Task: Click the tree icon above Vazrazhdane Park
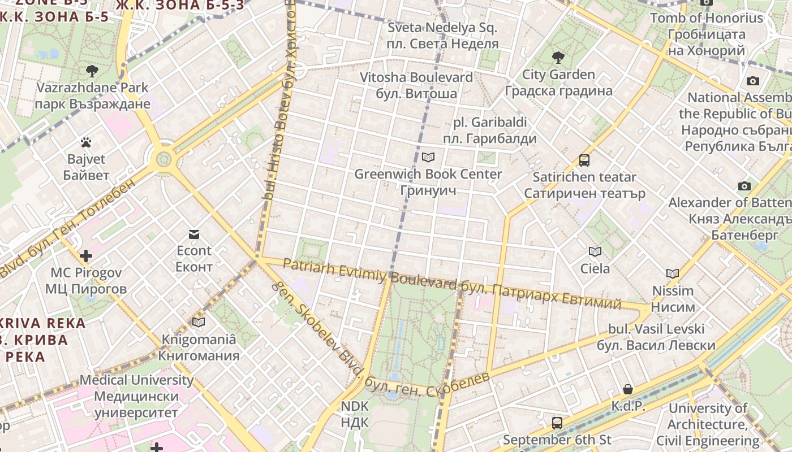pos(92,71)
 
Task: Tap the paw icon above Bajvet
pos(86,142)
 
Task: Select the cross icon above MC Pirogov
pos(86,256)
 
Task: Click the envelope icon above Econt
pos(194,234)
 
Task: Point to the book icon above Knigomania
pos(198,322)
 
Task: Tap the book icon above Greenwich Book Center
pos(428,157)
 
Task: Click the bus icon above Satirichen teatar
pos(584,160)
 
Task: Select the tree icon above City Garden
pos(558,57)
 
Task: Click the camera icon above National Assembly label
pos(752,81)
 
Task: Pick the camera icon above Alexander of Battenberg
pos(744,186)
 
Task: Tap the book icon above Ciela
pos(595,251)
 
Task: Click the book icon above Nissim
pos(672,274)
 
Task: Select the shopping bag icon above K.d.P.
pos(628,389)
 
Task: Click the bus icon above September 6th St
pos(557,423)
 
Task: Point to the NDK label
pos(355,414)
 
